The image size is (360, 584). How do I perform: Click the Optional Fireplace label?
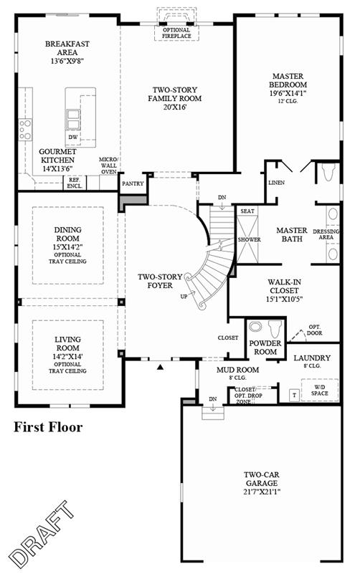coord(176,33)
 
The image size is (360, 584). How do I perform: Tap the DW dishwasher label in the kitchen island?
coord(73,137)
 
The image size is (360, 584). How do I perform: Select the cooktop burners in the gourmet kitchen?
coord(25,130)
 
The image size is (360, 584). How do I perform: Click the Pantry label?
coord(133,183)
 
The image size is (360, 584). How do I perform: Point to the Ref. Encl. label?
coord(75,183)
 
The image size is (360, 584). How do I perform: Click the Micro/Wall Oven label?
coord(108,166)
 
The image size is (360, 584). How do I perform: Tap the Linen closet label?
coord(277,183)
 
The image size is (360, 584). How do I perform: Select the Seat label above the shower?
coord(247,211)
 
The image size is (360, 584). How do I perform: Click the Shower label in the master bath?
coord(250,239)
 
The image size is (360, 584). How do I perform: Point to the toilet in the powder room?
coord(275,328)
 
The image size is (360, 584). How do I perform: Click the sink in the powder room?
coord(255,327)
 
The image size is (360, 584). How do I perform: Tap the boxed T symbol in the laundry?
coord(295,395)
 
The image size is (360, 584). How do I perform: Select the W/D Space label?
coord(320,390)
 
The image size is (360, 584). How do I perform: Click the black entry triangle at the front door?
coord(160,367)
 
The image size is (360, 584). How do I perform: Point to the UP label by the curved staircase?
coord(184,297)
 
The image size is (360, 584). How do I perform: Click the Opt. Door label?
coord(315,330)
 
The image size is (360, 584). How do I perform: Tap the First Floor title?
coord(48,427)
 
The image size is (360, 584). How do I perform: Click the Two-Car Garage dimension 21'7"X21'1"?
coord(262,492)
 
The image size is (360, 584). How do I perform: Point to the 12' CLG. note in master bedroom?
coord(288,101)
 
